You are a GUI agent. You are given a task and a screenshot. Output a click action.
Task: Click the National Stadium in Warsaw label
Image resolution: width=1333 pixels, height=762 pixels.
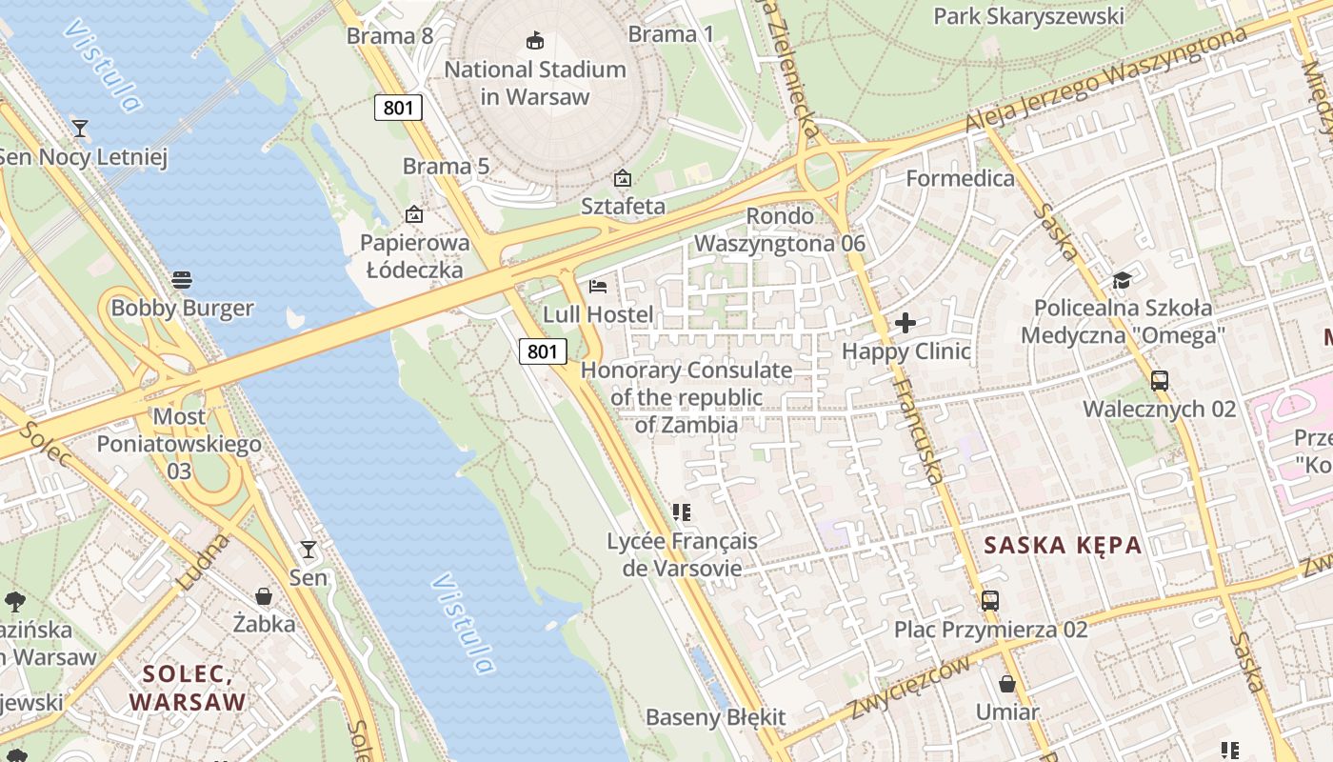coord(535,83)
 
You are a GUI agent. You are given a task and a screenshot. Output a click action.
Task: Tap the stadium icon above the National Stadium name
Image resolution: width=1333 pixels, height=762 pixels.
coord(535,40)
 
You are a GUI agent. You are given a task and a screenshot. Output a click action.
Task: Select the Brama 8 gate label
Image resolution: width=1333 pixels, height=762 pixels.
coord(389,36)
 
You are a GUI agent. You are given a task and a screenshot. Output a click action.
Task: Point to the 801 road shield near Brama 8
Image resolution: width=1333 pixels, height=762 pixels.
coord(398,108)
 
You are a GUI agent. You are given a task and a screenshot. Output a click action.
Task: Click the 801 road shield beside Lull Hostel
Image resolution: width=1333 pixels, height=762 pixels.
coord(543,351)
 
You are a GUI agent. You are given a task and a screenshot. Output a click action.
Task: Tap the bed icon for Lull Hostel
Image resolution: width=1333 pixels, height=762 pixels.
coord(598,286)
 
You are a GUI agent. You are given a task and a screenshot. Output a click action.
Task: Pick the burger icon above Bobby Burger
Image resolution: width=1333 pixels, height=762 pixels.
coord(182,280)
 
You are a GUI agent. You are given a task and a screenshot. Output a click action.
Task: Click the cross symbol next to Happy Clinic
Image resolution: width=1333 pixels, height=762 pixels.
coord(905,323)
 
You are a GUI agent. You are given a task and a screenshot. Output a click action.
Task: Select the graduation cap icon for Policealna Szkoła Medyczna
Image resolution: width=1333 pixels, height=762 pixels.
coord(1122,280)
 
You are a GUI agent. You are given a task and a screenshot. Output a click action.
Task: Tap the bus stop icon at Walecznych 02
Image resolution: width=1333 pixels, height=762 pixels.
coord(1159,381)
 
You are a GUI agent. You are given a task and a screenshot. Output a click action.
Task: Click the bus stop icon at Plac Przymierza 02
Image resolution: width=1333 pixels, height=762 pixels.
coord(990,601)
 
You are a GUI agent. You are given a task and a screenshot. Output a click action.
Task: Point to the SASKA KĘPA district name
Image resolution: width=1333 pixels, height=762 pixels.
coord(1063,546)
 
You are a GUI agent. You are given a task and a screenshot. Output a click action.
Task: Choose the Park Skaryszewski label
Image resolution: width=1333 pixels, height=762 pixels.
coord(1028,16)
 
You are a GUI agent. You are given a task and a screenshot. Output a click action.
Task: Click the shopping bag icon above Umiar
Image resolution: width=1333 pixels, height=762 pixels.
coord(1007,684)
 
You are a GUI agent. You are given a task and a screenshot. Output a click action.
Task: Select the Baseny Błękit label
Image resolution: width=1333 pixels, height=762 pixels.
coord(716,717)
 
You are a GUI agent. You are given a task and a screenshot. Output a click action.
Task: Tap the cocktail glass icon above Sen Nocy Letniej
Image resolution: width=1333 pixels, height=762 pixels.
coord(80,128)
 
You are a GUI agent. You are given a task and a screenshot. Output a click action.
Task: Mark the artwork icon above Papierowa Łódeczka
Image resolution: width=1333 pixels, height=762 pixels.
coord(413,214)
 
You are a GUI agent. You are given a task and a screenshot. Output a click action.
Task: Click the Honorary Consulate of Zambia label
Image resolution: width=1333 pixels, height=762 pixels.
coord(686,397)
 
